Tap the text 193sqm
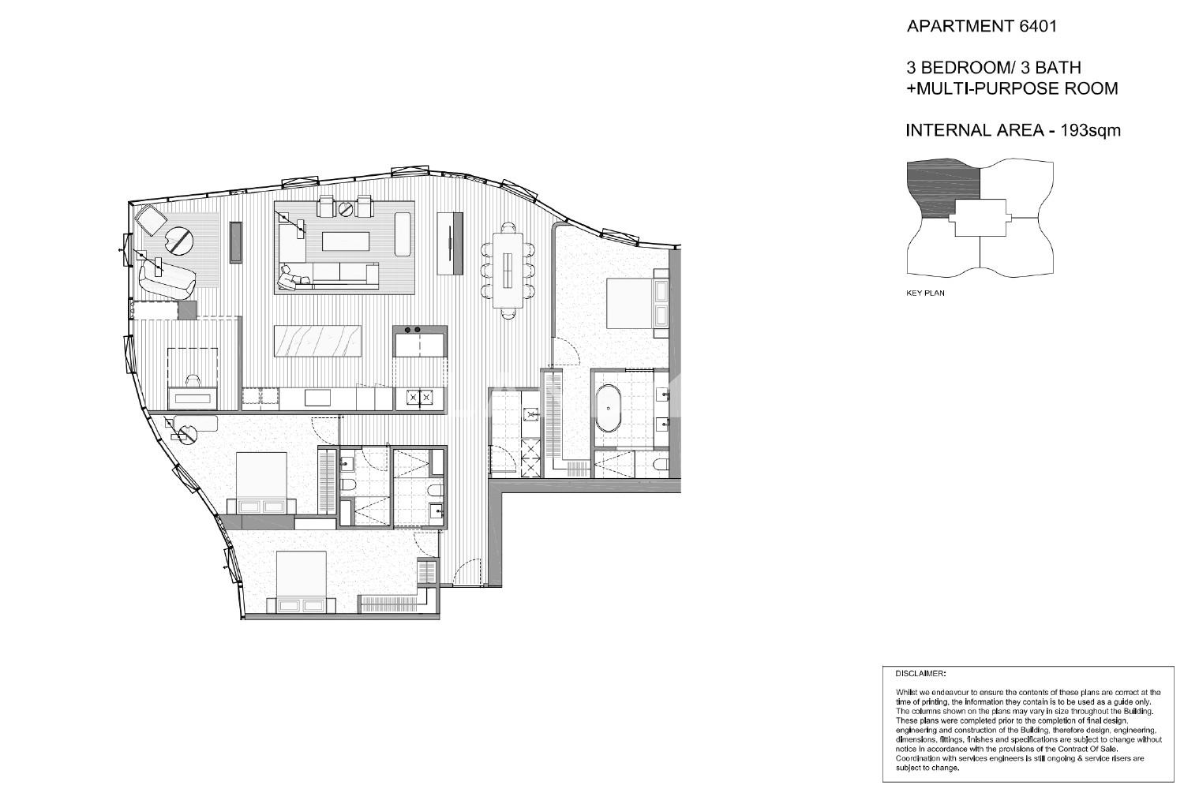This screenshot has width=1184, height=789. coord(1090,130)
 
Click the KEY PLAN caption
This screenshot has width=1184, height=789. coord(925,294)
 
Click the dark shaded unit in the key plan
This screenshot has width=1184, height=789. coord(941,188)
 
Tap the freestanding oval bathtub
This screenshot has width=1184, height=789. coord(609,409)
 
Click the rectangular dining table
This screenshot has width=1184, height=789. coord(508,271)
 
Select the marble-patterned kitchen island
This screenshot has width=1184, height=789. coord(317,341)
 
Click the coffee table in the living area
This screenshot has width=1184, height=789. coord(345,241)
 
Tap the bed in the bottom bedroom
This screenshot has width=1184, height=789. coord(302,582)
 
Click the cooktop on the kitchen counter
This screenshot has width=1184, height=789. coord(419,398)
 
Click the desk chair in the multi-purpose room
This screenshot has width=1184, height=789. coord(193,380)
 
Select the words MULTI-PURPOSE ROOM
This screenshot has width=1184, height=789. coord(1017,89)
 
